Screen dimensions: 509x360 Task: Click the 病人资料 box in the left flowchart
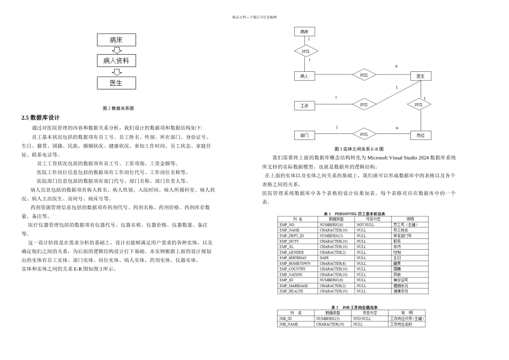coord(116,61)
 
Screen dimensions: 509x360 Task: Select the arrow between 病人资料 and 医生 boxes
coord(116,72)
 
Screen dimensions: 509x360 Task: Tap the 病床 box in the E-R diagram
coord(304,32)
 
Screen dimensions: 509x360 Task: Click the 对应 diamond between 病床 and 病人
coord(306,51)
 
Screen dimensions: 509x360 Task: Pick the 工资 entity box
coord(304,106)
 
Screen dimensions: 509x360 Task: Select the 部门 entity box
coord(304,135)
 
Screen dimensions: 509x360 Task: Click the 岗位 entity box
coord(421,136)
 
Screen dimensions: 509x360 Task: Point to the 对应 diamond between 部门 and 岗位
coord(364,134)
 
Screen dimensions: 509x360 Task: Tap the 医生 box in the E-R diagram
coord(421,76)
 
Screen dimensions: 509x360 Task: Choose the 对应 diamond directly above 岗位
coord(419,105)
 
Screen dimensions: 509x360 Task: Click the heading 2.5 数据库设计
coord(41,118)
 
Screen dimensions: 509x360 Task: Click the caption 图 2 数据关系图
coord(118,108)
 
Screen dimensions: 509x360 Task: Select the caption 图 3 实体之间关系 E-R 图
coord(359,149)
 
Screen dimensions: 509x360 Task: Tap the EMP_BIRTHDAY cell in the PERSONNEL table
coord(294,258)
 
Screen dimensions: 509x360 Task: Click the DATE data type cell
coord(325,258)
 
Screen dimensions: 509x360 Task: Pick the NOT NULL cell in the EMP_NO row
coord(365,224)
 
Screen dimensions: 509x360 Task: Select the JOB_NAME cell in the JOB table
coord(289,324)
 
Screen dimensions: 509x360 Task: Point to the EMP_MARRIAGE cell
coord(294,286)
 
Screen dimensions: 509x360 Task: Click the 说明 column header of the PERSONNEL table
coord(410,219)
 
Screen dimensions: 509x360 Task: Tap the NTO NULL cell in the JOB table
coord(362,319)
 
